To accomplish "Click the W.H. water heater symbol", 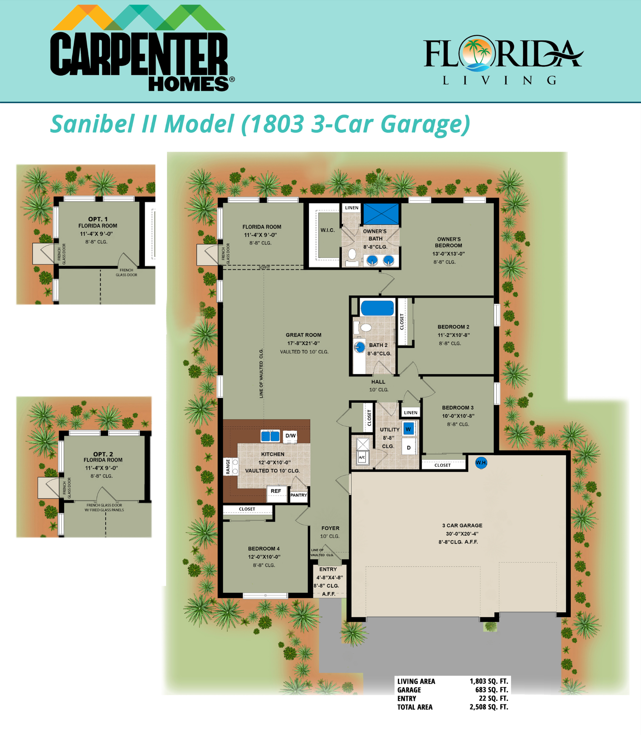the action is [481, 463].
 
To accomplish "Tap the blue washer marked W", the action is [408, 429].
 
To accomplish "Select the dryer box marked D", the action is [409, 448].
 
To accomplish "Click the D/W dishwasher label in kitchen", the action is [291, 436].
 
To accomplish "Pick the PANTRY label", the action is [298, 495].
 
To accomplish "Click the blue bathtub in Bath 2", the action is [377, 308].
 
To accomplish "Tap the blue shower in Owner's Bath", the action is [381, 214].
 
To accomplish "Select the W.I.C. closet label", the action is [328, 230].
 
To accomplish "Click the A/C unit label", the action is [362, 457].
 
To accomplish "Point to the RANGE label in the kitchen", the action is [228, 466].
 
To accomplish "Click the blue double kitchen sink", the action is [270, 436].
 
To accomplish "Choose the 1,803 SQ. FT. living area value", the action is [489, 681].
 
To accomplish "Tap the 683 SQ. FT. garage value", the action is [491, 690].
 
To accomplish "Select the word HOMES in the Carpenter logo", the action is [189, 83].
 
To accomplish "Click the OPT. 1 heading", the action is [98, 219].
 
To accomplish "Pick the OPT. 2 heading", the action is [103, 454].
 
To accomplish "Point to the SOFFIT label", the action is [264, 267].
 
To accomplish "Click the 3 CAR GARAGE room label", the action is [462, 525].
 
